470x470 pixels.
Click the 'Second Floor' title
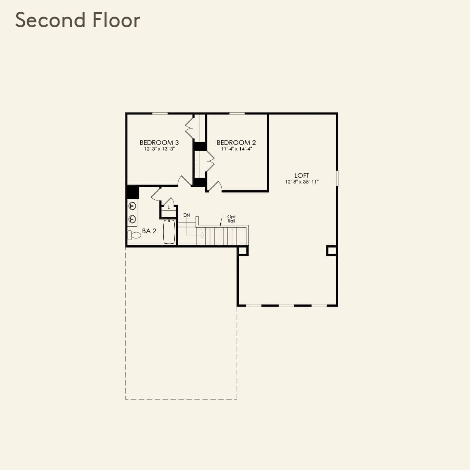coord(78,20)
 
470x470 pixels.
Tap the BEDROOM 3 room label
coord(159,143)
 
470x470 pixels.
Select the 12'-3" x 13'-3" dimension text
coord(159,149)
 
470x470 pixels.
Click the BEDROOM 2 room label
coord(236,143)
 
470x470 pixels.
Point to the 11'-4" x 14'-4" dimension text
coord(237,149)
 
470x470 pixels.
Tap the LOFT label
coord(302,175)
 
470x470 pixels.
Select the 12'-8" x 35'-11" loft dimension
coord(302,182)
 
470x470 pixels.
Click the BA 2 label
coord(149,231)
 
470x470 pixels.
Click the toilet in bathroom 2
coord(134,235)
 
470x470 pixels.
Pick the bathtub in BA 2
coord(169,232)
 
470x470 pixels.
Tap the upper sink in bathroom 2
coord(132,206)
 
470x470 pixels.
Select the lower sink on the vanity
coord(132,219)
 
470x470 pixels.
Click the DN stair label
coord(186,215)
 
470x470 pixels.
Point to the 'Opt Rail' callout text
coord(231,219)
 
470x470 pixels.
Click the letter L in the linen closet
coord(169,207)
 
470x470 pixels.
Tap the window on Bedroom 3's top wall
coord(160,113)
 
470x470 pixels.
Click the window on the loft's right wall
coord(337,178)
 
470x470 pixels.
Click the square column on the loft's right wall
coord(331,251)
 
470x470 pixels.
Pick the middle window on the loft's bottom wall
coord(286,305)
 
